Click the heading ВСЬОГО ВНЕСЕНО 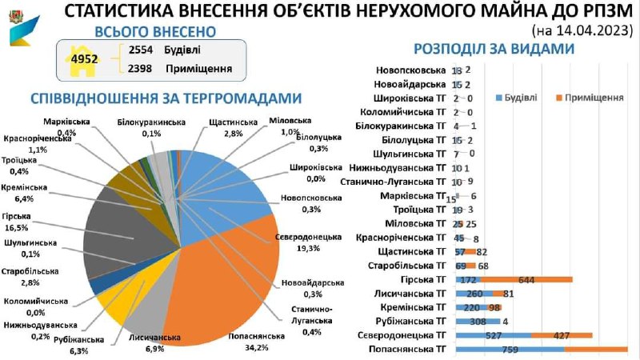point(154,32)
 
